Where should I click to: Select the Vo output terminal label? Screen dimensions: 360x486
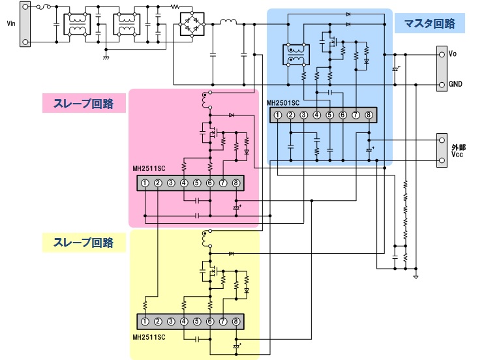[453, 54]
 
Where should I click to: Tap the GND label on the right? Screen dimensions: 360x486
[455, 85]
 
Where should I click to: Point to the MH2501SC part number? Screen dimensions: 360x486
[282, 103]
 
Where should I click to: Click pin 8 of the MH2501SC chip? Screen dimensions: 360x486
[369, 115]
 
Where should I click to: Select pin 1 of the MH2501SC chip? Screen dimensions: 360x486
[277, 115]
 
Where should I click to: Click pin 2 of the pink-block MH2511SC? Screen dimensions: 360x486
[158, 183]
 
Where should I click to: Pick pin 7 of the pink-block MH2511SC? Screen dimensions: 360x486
[223, 183]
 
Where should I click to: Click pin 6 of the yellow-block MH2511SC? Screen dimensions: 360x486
[210, 322]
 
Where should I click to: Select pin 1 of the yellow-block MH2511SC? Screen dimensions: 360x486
[145, 322]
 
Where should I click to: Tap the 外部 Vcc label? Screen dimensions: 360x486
[455, 151]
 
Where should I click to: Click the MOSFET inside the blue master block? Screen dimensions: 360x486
[328, 44]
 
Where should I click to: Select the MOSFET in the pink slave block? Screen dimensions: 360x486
[209, 133]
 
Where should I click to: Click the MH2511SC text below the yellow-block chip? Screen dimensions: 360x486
[149, 337]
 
